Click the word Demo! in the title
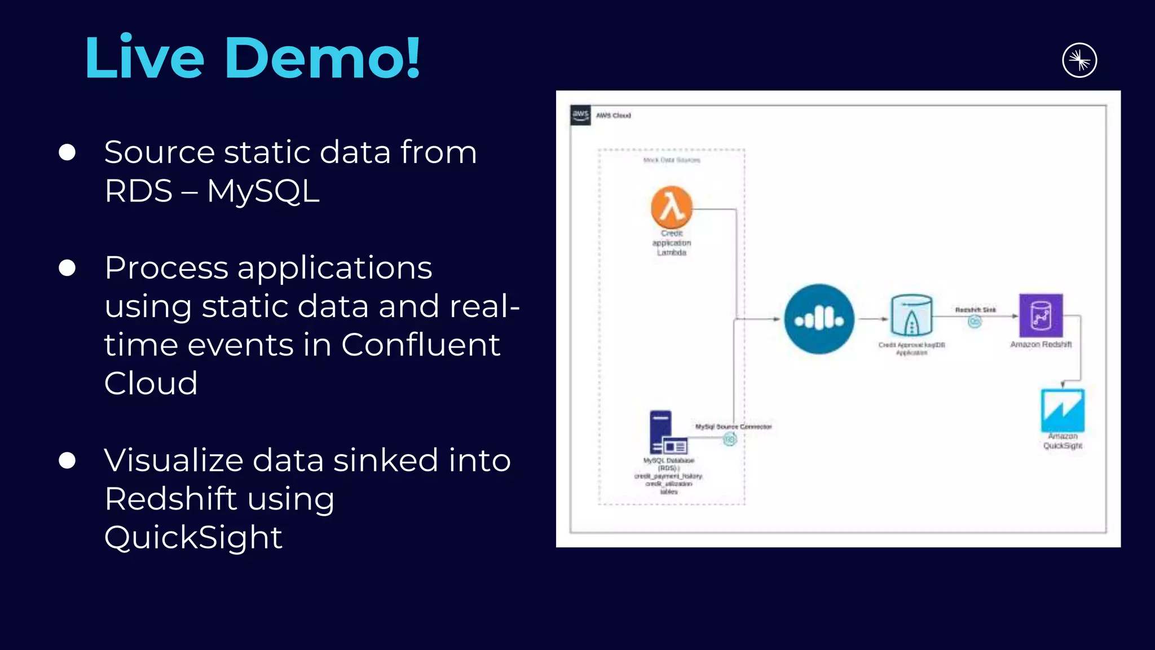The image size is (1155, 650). click(322, 58)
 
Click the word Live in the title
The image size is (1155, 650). click(144, 58)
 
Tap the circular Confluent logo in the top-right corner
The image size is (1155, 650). click(1079, 60)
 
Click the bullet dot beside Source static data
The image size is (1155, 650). click(67, 152)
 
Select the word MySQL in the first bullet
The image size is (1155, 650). click(263, 191)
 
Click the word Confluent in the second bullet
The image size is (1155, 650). click(420, 345)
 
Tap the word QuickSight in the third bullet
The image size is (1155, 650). click(193, 537)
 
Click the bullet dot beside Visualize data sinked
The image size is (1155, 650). click(67, 460)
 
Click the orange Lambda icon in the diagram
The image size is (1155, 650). click(671, 207)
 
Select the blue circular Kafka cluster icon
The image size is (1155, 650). click(819, 319)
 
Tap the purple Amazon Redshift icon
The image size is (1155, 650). click(1041, 315)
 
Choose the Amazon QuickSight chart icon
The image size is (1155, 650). click(1063, 410)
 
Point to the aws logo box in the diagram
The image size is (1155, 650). click(580, 115)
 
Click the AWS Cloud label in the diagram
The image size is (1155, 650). click(614, 116)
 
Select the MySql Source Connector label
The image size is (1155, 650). click(733, 427)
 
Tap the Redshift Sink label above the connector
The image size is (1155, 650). click(975, 310)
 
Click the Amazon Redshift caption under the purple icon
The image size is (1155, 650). click(1041, 345)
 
